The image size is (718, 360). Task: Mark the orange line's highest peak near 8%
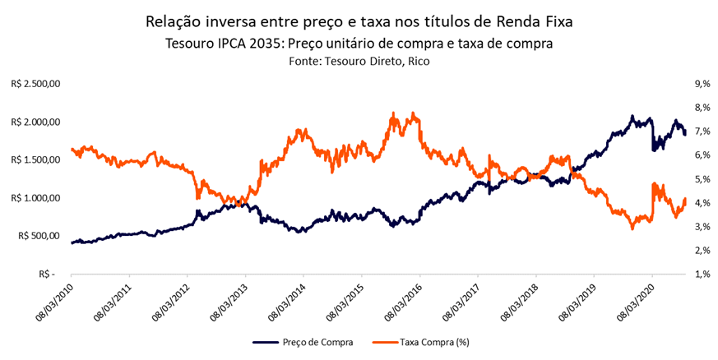396,113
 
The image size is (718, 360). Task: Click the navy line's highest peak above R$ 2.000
632,117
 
